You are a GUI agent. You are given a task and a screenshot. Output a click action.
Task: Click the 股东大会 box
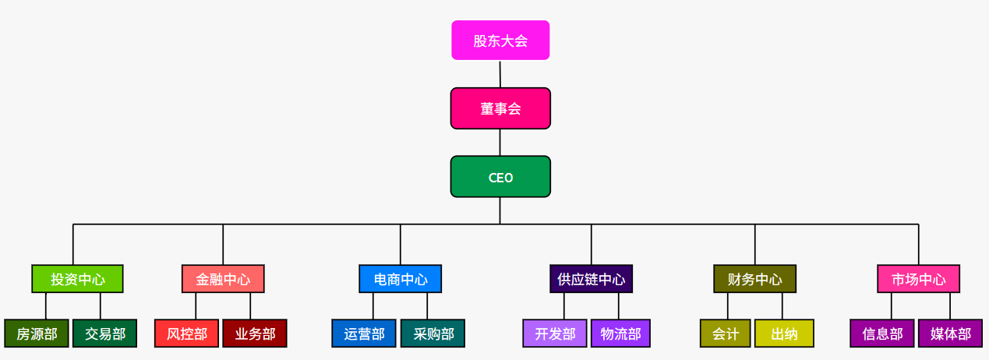pyautogui.click(x=500, y=41)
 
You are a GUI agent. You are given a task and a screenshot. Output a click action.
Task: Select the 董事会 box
pyautogui.click(x=500, y=108)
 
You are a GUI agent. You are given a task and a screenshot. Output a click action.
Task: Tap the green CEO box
pyautogui.click(x=500, y=177)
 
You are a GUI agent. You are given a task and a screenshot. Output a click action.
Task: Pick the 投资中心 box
pyautogui.click(x=77, y=279)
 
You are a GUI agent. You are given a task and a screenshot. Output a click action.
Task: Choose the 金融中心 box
pyautogui.click(x=223, y=279)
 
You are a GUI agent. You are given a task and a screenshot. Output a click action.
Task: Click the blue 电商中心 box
pyautogui.click(x=401, y=279)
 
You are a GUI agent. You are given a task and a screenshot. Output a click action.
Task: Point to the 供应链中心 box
pyautogui.click(x=591, y=279)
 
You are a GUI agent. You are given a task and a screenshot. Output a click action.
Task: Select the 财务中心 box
pyautogui.click(x=754, y=279)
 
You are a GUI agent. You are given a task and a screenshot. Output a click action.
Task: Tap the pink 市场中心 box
pyautogui.click(x=918, y=279)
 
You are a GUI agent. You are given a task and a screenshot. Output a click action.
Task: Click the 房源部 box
pyautogui.click(x=37, y=334)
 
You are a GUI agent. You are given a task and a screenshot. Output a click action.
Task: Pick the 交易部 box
pyautogui.click(x=105, y=334)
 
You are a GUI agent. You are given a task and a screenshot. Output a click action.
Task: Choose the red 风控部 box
pyautogui.click(x=186, y=334)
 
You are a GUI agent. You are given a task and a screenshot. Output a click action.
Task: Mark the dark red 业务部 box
pyautogui.click(x=255, y=334)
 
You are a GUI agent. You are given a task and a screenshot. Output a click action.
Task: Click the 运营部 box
pyautogui.click(x=364, y=334)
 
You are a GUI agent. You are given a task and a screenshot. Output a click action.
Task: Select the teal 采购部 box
pyautogui.click(x=433, y=334)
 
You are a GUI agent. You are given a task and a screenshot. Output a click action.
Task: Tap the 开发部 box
pyautogui.click(x=555, y=334)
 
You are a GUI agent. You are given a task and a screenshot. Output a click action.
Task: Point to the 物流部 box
pyautogui.click(x=620, y=334)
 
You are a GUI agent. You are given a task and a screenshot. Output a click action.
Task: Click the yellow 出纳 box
pyautogui.click(x=784, y=334)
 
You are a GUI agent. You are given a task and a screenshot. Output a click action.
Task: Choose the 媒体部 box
pyautogui.click(x=950, y=334)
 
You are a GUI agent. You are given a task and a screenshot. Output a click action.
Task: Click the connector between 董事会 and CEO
pyautogui.click(x=500, y=143)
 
